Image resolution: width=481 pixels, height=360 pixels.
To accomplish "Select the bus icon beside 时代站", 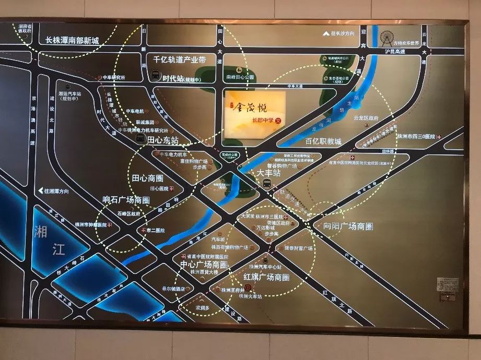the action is pyautogui.click(x=155, y=75).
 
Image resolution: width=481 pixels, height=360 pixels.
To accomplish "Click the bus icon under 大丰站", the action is pyautogui.click(x=266, y=183).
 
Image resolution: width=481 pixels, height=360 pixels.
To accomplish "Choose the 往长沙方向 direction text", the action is pyautogui.click(x=342, y=34).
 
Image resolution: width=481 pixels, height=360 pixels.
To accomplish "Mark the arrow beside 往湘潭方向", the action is pyautogui.click(x=40, y=191).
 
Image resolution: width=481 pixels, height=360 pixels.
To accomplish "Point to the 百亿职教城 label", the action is pyautogui.click(x=323, y=141).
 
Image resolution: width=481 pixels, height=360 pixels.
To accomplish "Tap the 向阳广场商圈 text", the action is pyautogui.click(x=348, y=226).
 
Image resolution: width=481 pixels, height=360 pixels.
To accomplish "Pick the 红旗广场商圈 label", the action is pyautogui.click(x=266, y=277).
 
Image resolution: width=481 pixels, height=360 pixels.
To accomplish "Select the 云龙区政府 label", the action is pyautogui.click(x=366, y=118).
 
